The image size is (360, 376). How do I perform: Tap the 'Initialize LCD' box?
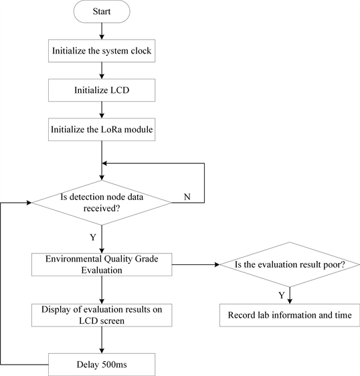(x=102, y=90)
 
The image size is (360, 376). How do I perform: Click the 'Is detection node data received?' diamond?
(x=102, y=203)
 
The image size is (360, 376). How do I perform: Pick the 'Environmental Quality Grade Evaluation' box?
(x=102, y=264)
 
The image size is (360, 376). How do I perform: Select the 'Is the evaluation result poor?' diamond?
(x=289, y=265)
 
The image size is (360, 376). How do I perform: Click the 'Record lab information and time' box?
(x=289, y=314)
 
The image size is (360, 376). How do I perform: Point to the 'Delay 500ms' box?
(x=102, y=365)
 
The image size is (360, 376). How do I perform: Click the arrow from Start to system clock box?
(x=102, y=31)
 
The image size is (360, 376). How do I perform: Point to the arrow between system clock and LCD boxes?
(x=102, y=70)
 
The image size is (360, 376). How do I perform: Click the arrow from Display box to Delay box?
(x=102, y=341)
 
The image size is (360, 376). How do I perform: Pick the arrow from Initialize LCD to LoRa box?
(x=102, y=109)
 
